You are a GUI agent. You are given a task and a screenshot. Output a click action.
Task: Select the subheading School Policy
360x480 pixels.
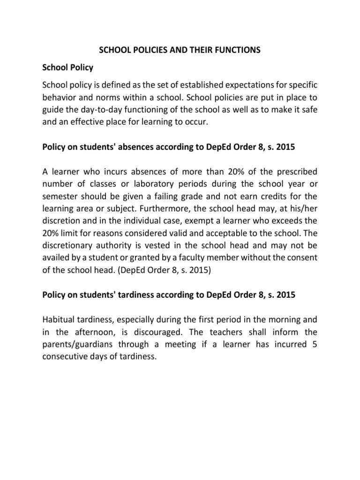pos(68,67)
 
